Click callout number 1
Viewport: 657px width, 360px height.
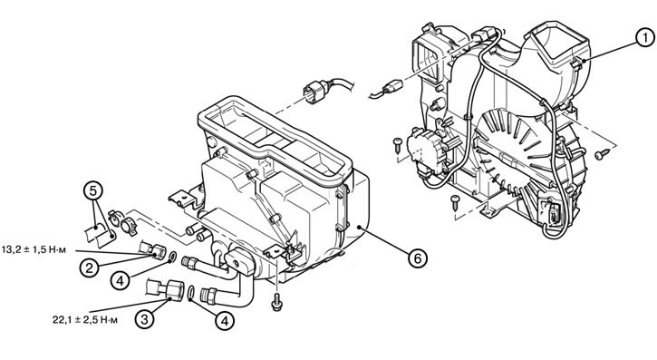[645, 38]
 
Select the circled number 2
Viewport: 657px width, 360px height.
[89, 268]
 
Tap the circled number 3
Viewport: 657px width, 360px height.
[145, 320]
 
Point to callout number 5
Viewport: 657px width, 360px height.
[93, 190]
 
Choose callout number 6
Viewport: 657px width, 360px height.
[418, 258]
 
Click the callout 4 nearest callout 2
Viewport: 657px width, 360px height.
[121, 280]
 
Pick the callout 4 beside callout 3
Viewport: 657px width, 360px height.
[225, 321]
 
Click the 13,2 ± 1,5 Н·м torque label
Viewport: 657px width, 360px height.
[34, 250]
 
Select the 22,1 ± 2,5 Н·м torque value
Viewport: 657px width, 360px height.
[85, 320]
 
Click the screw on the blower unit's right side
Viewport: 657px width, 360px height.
[602, 154]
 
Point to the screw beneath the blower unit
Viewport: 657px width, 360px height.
[455, 202]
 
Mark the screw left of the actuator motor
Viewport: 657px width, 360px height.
[397, 145]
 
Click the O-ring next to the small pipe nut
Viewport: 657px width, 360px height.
[172, 256]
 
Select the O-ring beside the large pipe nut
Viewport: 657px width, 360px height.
[191, 293]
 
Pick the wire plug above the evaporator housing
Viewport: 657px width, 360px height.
[315, 91]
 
